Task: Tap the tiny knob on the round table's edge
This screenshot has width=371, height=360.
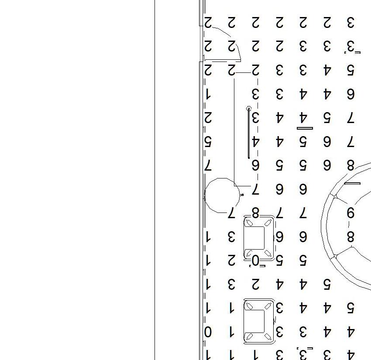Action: pyautogui.click(x=242, y=195)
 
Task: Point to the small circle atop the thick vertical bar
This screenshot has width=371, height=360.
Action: pyautogui.click(x=249, y=108)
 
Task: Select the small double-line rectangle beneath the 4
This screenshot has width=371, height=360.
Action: pyautogui.click(x=305, y=128)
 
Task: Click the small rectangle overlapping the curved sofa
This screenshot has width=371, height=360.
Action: pyautogui.click(x=352, y=183)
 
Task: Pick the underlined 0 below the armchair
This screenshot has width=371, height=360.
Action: pyautogui.click(x=256, y=261)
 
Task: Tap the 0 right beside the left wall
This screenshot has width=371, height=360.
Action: pyautogui.click(x=208, y=333)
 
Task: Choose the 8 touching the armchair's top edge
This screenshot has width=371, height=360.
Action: pyautogui.click(x=255, y=213)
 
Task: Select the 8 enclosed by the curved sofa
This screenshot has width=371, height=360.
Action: pyautogui.click(x=350, y=237)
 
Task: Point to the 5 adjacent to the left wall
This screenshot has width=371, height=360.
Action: pyautogui.click(x=208, y=141)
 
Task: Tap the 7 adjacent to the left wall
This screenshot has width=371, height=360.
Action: pyautogui.click(x=208, y=165)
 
